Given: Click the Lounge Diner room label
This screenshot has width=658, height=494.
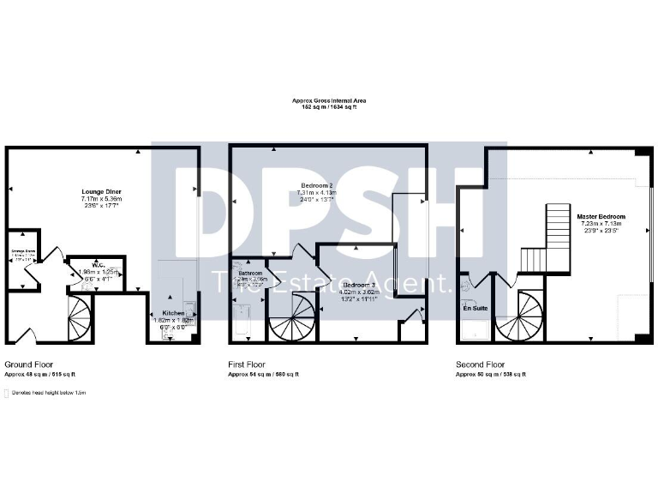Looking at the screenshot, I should click(x=99, y=191).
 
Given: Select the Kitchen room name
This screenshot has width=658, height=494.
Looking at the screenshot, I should click(x=175, y=314).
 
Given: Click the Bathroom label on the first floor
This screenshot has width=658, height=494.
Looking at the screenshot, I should click(x=250, y=273).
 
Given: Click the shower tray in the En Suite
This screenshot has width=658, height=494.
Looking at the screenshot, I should click(x=476, y=329).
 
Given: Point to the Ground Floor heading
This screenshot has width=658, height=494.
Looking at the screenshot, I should click(x=28, y=364).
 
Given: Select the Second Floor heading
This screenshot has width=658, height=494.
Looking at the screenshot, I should click(x=480, y=364).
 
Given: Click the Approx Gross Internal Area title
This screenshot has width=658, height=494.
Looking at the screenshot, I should click(x=329, y=101).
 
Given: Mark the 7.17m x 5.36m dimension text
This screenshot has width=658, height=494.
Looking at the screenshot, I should click(x=99, y=199).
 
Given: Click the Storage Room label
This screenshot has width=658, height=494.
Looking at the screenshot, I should click(x=22, y=251).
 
